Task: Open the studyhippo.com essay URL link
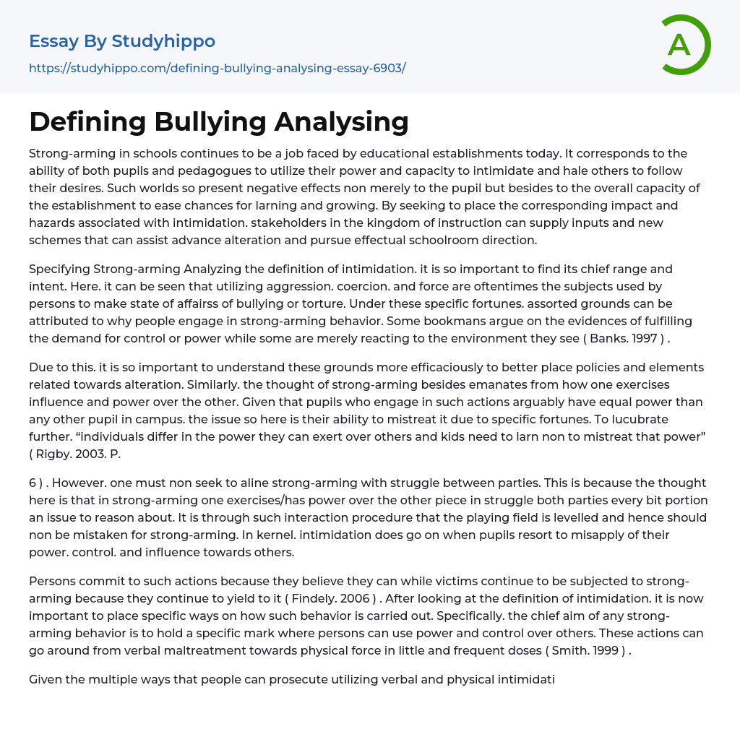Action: (217, 68)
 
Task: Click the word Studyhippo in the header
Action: (163, 42)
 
